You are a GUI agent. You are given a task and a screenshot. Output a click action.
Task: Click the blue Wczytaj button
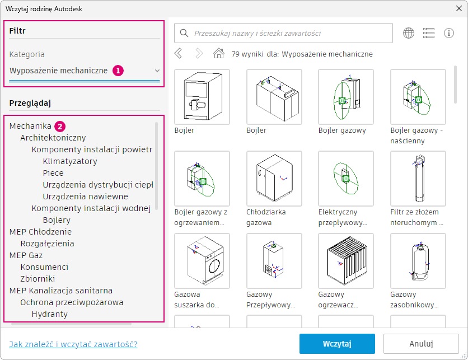[337, 344]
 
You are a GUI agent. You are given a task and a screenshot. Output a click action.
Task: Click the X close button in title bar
[459, 8]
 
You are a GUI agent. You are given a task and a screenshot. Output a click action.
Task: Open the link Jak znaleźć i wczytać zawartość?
[73, 344]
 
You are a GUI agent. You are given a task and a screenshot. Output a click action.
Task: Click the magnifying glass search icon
[184, 33]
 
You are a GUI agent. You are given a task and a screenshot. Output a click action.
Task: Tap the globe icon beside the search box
[409, 33]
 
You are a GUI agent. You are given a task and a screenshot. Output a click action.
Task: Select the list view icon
[429, 33]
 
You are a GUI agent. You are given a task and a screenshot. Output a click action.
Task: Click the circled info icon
[448, 33]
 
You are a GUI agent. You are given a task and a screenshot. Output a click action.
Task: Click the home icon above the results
[219, 53]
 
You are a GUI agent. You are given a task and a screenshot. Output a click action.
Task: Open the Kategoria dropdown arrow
[157, 71]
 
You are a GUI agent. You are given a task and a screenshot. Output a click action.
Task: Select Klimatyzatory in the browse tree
[70, 161]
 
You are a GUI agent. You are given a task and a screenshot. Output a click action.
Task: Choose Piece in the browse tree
[53, 173]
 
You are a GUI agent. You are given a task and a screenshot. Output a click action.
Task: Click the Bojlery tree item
[57, 220]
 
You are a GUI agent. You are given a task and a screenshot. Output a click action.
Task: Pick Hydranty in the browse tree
[50, 314]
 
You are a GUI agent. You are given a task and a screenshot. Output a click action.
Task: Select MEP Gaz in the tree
[26, 255]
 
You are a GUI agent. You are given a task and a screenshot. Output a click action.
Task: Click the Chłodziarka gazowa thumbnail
[274, 179]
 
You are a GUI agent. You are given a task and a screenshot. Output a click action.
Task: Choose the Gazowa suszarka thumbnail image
[202, 261]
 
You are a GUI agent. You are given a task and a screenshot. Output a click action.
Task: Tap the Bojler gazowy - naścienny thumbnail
[418, 97]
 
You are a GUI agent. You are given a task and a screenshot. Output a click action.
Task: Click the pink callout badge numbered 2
[60, 127]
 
